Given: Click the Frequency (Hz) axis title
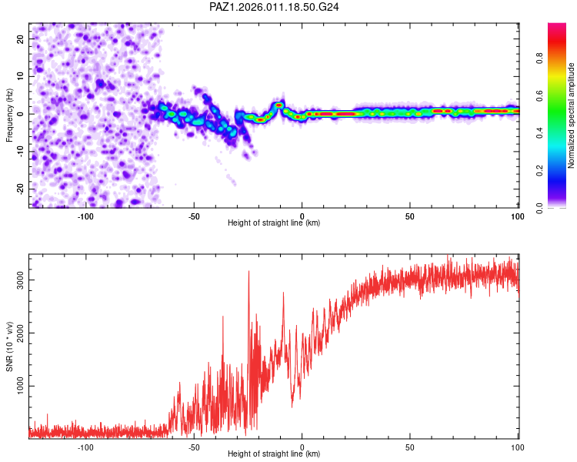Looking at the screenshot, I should [9, 115].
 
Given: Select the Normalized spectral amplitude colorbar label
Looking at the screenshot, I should [571, 115].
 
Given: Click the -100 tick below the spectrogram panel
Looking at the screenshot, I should [85, 216].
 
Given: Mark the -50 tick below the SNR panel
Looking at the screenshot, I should [194, 447].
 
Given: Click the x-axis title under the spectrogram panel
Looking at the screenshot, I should [274, 223].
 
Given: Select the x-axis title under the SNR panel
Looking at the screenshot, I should [274, 454].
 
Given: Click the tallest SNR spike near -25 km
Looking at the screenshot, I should [248, 272].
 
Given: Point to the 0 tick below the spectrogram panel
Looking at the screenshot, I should [302, 216].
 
